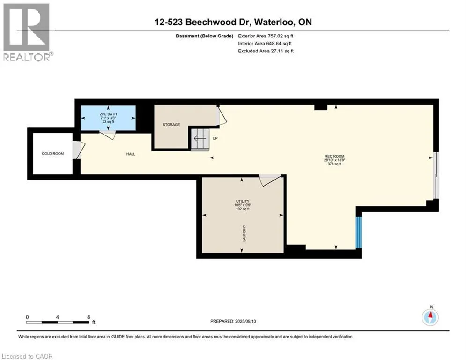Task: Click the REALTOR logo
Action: click(x=28, y=32)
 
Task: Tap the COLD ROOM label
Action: click(x=52, y=154)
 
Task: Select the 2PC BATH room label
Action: click(x=108, y=114)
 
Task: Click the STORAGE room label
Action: click(x=171, y=124)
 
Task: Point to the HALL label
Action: click(x=131, y=154)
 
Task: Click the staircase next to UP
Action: click(x=200, y=139)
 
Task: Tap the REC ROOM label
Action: click(x=334, y=156)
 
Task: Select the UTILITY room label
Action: click(x=243, y=201)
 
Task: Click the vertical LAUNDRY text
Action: click(x=244, y=233)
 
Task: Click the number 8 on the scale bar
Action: click(x=88, y=317)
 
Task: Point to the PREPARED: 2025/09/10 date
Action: click(x=233, y=321)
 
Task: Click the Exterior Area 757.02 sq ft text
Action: click(x=266, y=36)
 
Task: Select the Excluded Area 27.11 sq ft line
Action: click(x=266, y=51)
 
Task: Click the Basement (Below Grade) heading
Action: click(x=205, y=36)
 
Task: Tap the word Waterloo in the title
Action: click(x=274, y=22)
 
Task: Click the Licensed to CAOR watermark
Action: click(x=27, y=356)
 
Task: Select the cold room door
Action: click(x=79, y=150)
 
